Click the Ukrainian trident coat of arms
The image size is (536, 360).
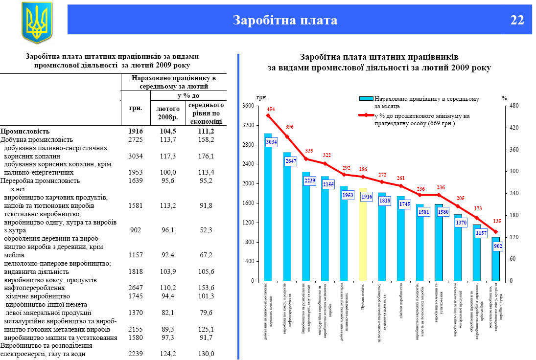(x=37, y=22)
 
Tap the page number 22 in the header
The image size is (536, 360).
(x=517, y=20)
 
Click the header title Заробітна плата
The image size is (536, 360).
(x=285, y=20)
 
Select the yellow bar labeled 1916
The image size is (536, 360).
(x=363, y=235)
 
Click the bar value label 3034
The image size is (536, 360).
(x=272, y=142)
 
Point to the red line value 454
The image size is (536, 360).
(x=271, y=109)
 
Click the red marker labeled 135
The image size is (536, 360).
(x=495, y=232)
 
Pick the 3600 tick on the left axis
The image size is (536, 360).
(x=248, y=106)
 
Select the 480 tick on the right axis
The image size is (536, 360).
(x=513, y=106)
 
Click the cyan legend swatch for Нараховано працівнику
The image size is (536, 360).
(x=367, y=99)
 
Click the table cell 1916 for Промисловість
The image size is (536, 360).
(x=135, y=131)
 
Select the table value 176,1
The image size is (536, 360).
(x=207, y=156)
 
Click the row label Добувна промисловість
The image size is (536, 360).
(x=37, y=139)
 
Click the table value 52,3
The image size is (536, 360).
(x=207, y=230)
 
